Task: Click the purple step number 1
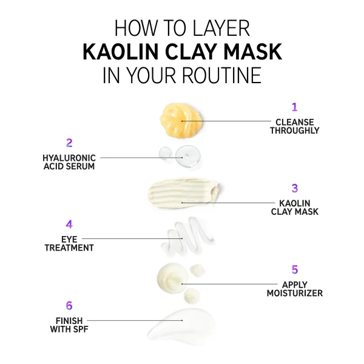tap(295, 107)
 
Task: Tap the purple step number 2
tap(69, 143)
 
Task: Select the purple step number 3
tap(295, 188)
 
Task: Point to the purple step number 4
tap(69, 224)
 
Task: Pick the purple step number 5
tap(295, 269)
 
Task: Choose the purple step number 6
tap(69, 306)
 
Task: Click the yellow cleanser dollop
tap(181, 121)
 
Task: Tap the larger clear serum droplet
tap(188, 157)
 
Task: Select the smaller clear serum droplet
tap(165, 153)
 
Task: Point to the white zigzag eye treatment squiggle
tap(187, 237)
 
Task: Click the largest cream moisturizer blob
tap(173, 278)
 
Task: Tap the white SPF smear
tap(182, 326)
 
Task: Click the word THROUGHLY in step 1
tap(295, 130)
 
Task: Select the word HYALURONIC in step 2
tap(69, 158)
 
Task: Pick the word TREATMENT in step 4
tap(69, 248)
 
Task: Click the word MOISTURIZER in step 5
tap(295, 293)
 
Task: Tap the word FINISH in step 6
tap(69, 321)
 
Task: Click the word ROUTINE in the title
tap(221, 75)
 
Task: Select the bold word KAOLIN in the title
tap(121, 52)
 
